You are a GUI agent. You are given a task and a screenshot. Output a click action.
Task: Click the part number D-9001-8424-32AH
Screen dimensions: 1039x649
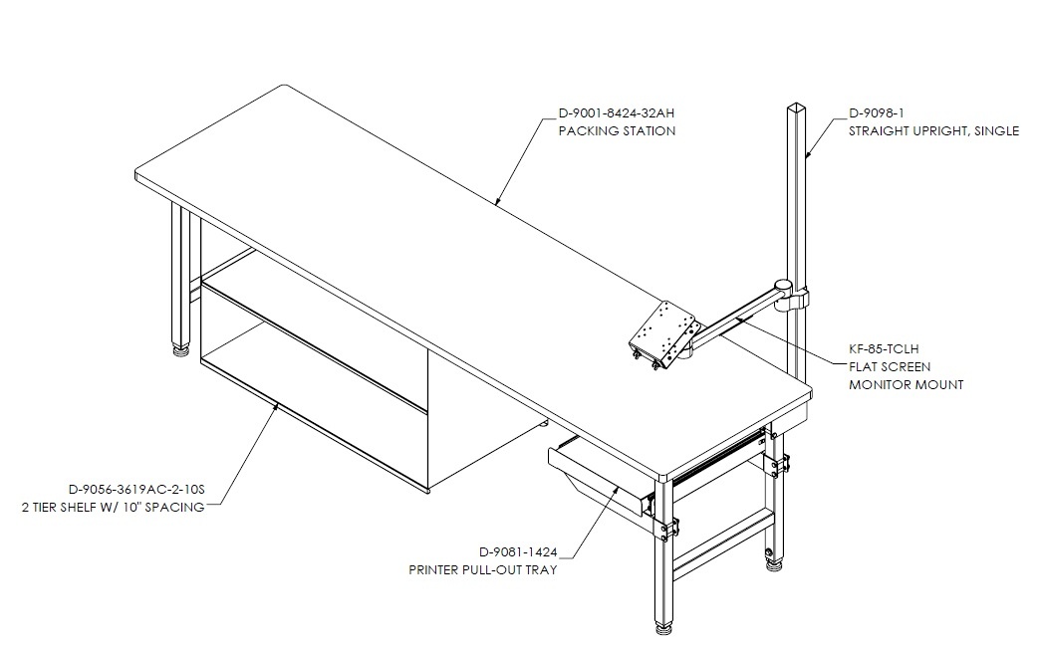pyautogui.click(x=617, y=113)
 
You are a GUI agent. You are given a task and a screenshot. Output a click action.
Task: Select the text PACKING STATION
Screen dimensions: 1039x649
pyautogui.click(x=617, y=131)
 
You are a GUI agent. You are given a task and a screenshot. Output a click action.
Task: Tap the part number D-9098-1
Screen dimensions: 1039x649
pyautogui.click(x=877, y=113)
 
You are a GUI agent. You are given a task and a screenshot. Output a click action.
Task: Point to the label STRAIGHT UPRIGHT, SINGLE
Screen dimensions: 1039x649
pyautogui.click(x=934, y=131)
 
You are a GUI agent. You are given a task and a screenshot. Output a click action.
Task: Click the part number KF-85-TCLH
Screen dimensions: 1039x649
pyautogui.click(x=884, y=349)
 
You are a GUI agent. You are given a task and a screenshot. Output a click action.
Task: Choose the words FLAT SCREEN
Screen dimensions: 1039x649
pyautogui.click(x=890, y=367)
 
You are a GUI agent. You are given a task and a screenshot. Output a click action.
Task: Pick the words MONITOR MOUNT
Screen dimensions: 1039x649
pyautogui.click(x=907, y=385)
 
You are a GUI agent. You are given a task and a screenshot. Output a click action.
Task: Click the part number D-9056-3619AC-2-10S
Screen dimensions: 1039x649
pyautogui.click(x=137, y=490)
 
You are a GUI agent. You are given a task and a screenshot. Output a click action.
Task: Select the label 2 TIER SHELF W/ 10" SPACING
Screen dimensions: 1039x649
pyautogui.click(x=114, y=508)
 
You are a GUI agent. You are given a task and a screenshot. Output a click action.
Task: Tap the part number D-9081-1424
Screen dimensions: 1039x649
pyautogui.click(x=518, y=552)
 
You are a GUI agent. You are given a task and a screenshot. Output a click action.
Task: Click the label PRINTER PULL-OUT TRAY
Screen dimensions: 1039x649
pyautogui.click(x=483, y=570)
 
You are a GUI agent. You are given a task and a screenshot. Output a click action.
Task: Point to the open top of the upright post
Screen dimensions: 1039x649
pyautogui.click(x=795, y=107)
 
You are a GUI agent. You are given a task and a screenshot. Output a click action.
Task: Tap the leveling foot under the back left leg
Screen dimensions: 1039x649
pyautogui.click(x=180, y=349)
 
